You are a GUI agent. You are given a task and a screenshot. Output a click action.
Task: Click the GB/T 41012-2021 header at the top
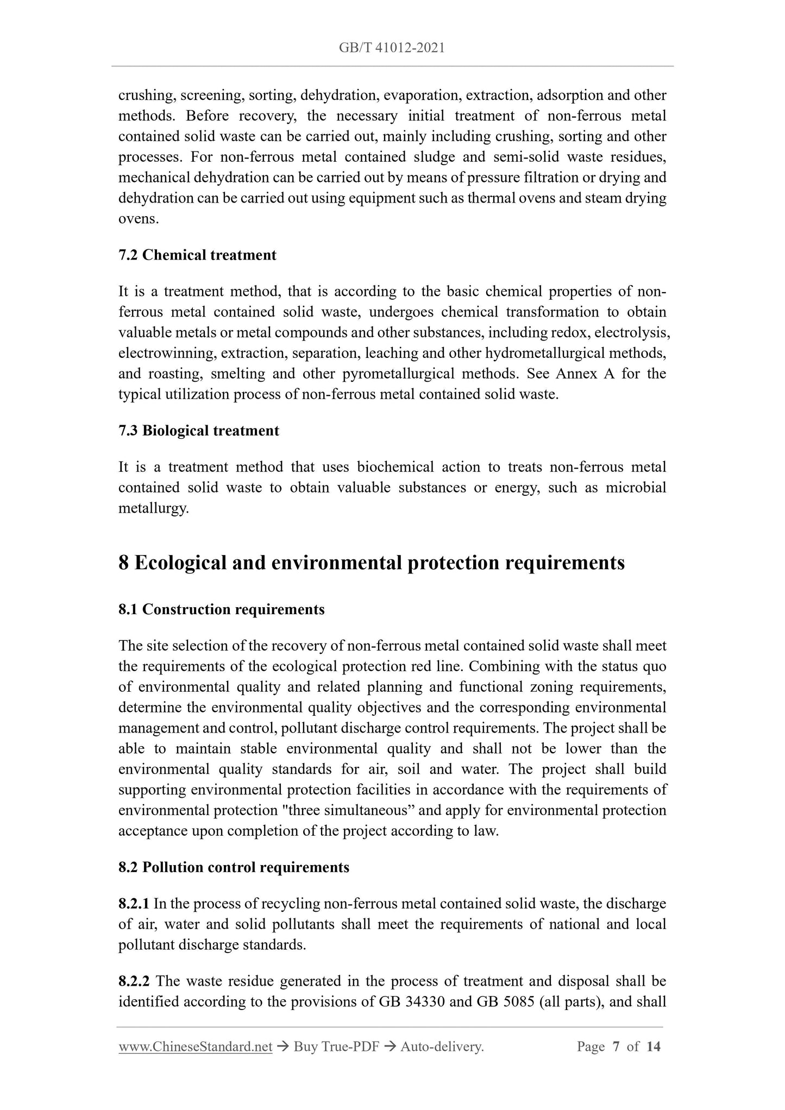[392, 48]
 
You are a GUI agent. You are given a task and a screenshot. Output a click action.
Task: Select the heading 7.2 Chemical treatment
[197, 255]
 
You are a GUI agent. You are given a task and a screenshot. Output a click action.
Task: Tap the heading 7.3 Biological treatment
[199, 431]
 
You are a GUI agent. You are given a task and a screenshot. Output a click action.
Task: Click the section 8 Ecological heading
[371, 563]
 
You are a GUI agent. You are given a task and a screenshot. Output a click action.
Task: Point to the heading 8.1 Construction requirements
[221, 609]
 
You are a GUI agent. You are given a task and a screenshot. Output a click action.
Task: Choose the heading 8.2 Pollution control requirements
[234, 867]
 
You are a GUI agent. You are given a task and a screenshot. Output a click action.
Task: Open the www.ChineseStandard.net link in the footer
[195, 1046]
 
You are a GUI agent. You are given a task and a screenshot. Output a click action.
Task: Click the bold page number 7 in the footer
[616, 1046]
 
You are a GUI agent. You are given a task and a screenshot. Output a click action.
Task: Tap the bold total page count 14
[654, 1046]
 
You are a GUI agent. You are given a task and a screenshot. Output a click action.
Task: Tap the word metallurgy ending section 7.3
[153, 509]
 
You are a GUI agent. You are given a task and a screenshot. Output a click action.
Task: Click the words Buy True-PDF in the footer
[336, 1046]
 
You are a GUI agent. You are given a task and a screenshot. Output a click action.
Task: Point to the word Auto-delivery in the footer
[441, 1046]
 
